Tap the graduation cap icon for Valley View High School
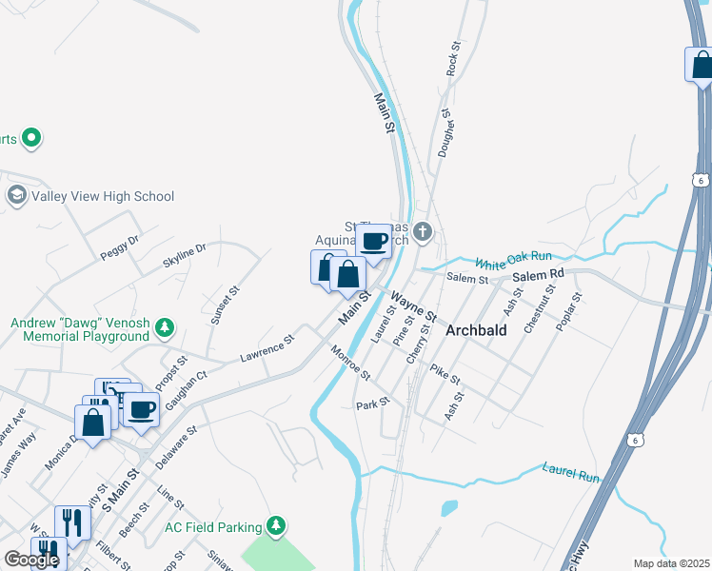16,197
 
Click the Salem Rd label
538,274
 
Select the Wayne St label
413,306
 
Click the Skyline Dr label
184,256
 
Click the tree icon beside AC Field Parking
276,525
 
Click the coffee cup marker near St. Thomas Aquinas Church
374,242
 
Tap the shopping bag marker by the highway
701,65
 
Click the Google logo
31,560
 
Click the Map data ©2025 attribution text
671,563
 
